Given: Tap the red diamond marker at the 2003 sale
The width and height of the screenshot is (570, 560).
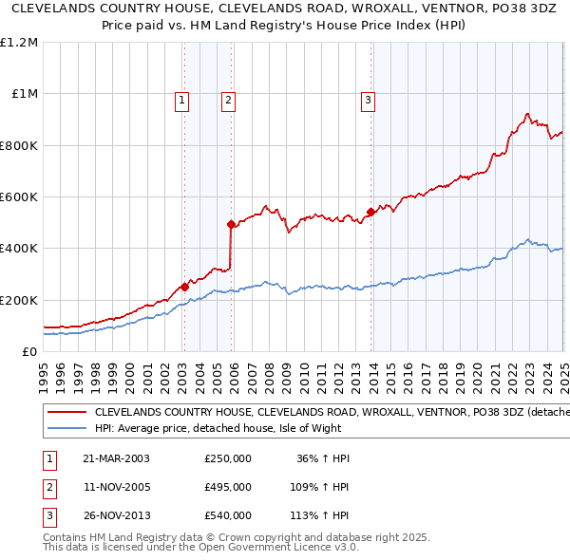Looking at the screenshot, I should (184, 287).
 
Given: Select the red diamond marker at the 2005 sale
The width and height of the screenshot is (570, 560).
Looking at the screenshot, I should (231, 224).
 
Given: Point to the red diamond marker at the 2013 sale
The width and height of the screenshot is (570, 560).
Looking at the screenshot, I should (370, 213).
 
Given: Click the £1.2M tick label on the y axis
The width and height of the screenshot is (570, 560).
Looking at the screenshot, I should (19, 43).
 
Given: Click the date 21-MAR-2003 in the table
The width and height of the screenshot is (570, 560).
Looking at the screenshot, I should (116, 458).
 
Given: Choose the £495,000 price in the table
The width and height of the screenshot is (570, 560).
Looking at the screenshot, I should (228, 487).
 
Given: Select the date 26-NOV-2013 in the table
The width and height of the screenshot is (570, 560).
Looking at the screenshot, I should (116, 515).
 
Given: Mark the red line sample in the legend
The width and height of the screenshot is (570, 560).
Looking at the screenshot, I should (66, 413).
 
